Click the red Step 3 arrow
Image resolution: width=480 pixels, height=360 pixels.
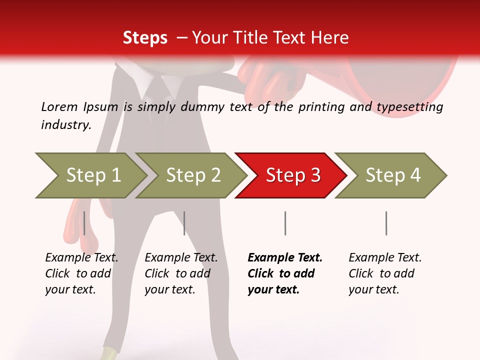click(x=292, y=175)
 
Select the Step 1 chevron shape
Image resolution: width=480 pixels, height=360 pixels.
click(x=92, y=175)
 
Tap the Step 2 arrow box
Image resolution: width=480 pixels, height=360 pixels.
click(x=193, y=175)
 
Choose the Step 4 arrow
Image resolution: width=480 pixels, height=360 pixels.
click(x=392, y=175)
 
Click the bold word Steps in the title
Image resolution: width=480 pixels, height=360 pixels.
click(x=145, y=38)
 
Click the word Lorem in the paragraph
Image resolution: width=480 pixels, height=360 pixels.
click(x=59, y=107)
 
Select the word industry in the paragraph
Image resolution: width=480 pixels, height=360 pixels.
click(x=65, y=125)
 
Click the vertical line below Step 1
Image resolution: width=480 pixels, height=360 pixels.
click(x=84, y=223)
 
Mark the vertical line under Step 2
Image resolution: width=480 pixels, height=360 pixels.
click(x=184, y=223)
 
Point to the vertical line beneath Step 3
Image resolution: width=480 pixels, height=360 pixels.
click(x=285, y=223)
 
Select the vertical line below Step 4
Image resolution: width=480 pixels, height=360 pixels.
click(x=386, y=223)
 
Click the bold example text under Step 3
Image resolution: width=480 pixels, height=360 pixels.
click(x=284, y=273)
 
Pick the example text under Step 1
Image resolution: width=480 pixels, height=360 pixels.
click(x=81, y=273)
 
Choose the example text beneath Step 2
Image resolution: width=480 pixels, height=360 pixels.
click(x=181, y=273)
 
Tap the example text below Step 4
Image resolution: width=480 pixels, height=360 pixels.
click(x=384, y=273)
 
